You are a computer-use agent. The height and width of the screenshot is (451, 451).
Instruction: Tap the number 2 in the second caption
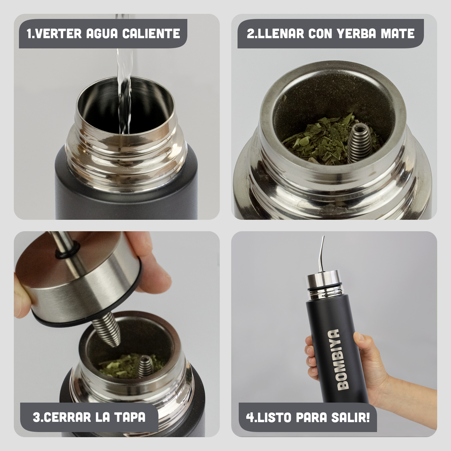(250, 34)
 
